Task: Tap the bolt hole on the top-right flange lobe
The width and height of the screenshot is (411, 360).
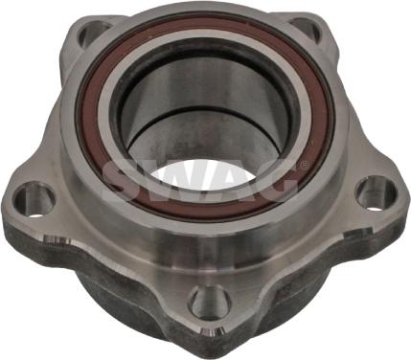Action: pos(306,29)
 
